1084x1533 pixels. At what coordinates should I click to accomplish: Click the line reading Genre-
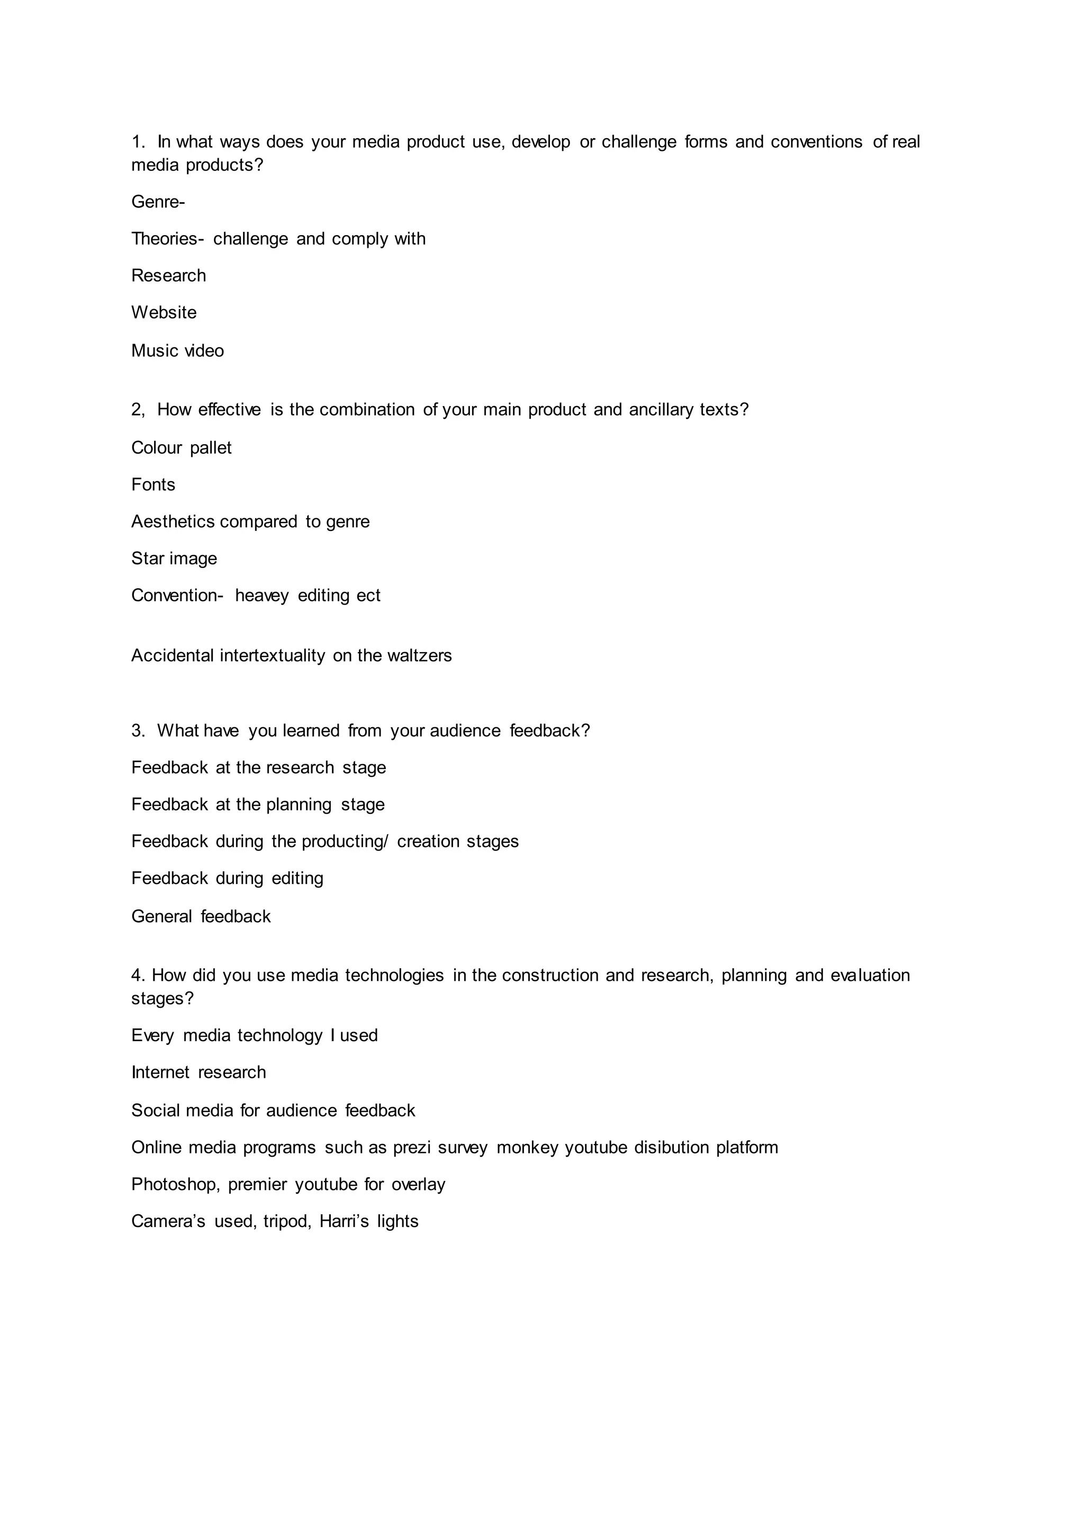(x=158, y=202)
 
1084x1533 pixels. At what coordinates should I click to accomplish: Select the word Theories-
(x=167, y=239)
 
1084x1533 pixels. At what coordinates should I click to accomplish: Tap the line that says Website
(x=164, y=312)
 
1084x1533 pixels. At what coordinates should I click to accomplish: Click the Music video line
(x=177, y=350)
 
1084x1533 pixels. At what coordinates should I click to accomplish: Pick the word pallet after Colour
(x=211, y=448)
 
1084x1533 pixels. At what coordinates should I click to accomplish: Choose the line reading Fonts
(x=153, y=485)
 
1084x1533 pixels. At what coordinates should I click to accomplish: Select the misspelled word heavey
(x=261, y=596)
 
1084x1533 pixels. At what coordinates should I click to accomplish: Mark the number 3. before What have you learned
(x=138, y=731)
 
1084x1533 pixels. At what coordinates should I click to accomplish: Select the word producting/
(x=345, y=841)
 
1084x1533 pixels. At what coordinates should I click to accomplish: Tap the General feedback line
(x=201, y=916)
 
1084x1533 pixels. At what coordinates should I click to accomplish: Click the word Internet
(x=160, y=1072)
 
